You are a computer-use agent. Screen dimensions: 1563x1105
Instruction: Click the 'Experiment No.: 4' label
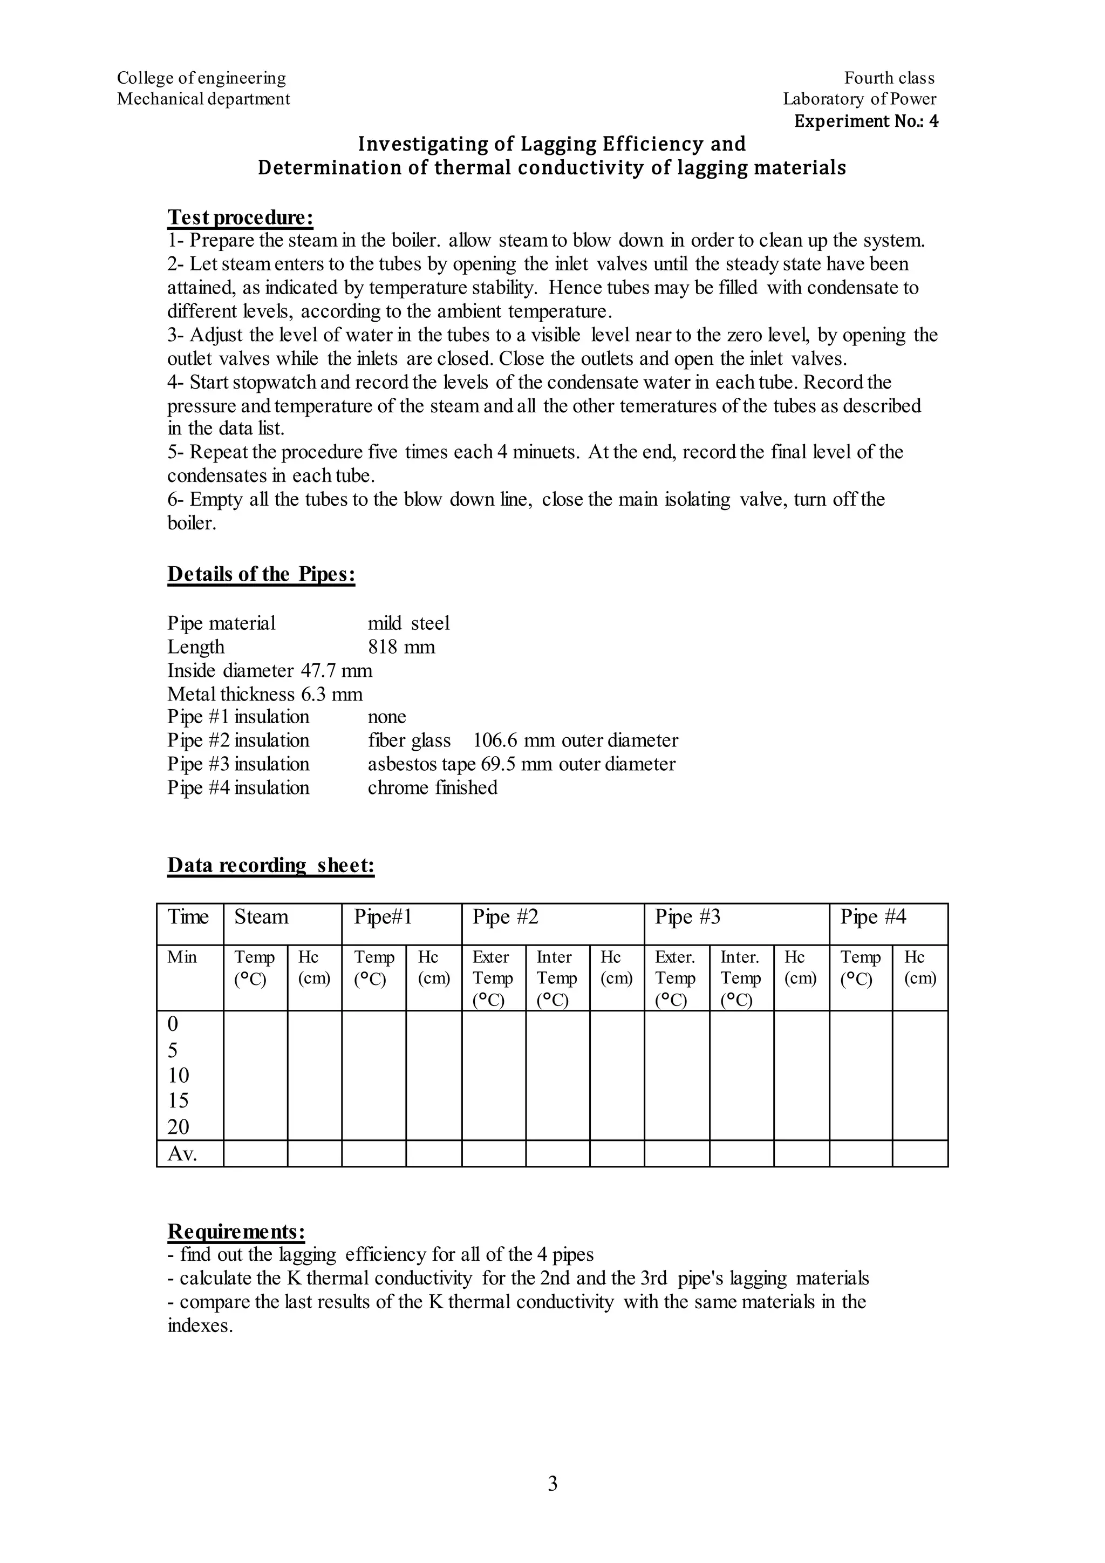coord(865,121)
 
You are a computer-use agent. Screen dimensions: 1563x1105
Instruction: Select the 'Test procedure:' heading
coord(240,217)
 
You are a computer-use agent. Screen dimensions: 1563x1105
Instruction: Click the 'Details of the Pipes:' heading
coord(261,574)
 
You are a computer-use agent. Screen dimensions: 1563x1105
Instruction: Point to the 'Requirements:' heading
coord(236,1232)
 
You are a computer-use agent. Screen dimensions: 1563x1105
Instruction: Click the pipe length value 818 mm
coord(401,647)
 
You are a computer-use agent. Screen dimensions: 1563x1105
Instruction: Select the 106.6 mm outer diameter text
coord(575,740)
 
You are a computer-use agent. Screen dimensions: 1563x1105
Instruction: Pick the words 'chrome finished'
coord(432,787)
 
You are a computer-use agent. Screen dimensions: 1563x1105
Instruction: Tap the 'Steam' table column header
coord(261,917)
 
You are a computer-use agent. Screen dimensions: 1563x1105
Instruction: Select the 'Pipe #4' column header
coord(872,917)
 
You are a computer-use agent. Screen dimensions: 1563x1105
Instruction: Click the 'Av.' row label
coord(182,1154)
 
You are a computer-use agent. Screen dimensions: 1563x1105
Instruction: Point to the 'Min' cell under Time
coord(182,957)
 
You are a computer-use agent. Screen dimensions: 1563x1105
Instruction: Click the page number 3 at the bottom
coord(552,1483)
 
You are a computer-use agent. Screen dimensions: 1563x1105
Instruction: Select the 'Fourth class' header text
coord(889,78)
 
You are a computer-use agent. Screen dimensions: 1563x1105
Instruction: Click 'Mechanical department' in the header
coord(203,99)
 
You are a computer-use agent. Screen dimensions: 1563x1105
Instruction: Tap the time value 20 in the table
coord(178,1126)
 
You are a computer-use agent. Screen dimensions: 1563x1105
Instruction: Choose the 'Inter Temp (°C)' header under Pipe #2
coord(557,978)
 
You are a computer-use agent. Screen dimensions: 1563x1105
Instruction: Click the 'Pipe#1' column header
coord(383,917)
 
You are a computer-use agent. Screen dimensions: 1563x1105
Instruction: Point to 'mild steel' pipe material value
coord(408,623)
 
